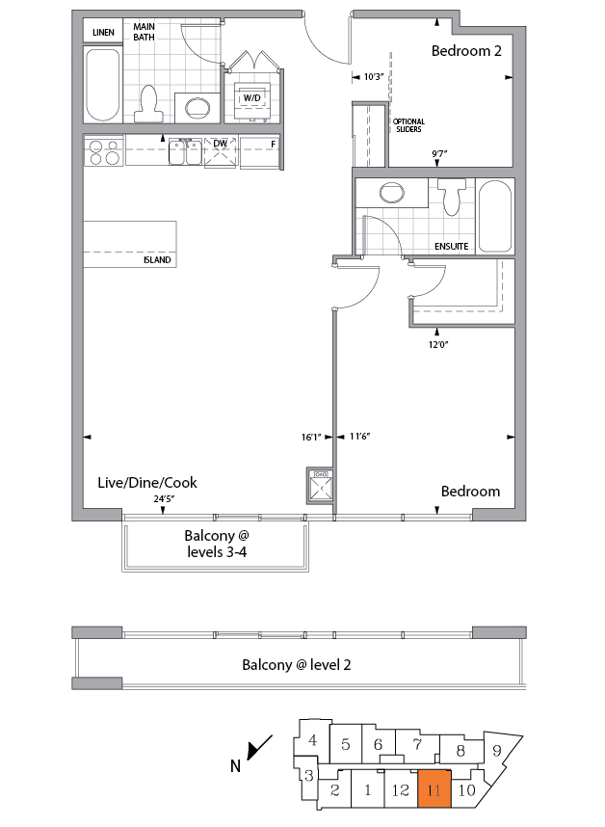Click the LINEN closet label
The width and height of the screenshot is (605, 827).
pyautogui.click(x=103, y=33)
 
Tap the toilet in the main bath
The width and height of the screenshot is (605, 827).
pyautogui.click(x=148, y=103)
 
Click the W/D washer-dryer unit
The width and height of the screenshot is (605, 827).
pyautogui.click(x=252, y=97)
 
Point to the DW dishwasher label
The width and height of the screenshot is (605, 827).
pyautogui.click(x=220, y=144)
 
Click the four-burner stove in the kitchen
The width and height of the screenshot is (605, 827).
pyautogui.click(x=103, y=152)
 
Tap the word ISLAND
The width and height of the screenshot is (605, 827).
pyautogui.click(x=158, y=260)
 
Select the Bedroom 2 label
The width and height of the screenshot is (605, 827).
pyautogui.click(x=466, y=52)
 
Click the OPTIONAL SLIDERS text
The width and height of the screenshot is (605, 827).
pyautogui.click(x=408, y=125)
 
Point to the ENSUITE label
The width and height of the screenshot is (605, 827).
pyautogui.click(x=451, y=247)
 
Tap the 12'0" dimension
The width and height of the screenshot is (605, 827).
pyautogui.click(x=438, y=344)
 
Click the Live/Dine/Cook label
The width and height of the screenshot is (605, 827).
pyautogui.click(x=147, y=482)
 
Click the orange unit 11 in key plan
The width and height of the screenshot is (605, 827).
pyautogui.click(x=434, y=790)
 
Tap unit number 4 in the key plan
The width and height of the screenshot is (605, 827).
pyautogui.click(x=313, y=740)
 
